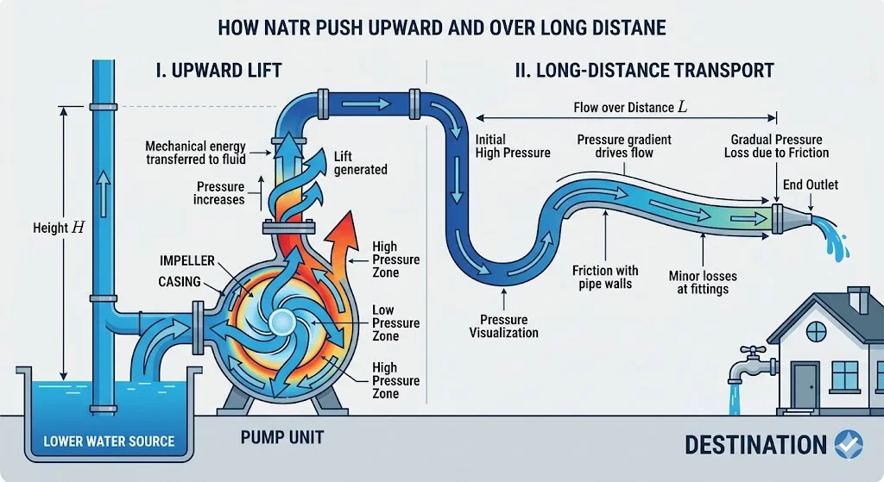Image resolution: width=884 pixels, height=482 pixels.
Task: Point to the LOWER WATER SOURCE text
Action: point(109,441)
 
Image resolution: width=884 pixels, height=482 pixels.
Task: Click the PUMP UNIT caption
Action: point(281,437)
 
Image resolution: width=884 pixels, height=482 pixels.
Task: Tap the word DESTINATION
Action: point(755,445)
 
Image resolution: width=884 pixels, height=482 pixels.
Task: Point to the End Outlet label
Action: point(810,185)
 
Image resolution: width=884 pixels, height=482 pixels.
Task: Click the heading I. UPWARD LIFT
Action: point(218,70)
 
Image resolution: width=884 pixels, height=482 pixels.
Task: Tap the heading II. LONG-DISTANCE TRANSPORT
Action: point(643,70)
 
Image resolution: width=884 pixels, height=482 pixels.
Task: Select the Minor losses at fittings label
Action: point(698,283)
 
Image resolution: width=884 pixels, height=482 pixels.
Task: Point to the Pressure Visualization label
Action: point(503,326)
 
